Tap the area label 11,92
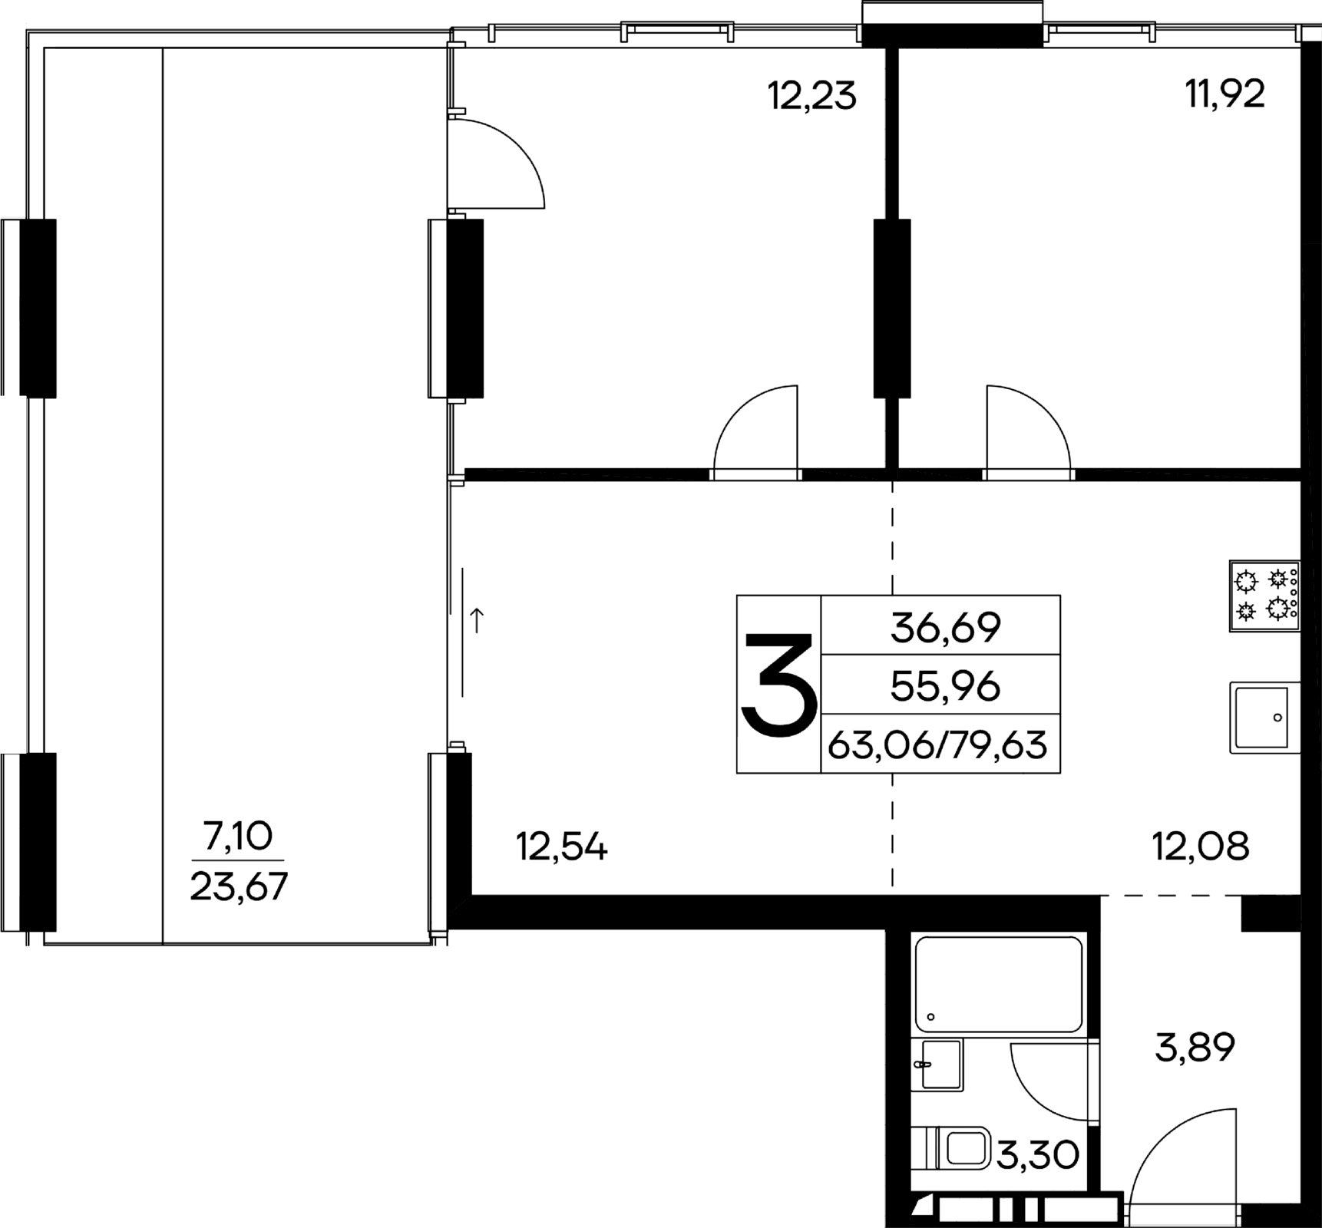tap(1225, 95)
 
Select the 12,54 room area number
tap(561, 848)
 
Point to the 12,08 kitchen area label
tap(1201, 847)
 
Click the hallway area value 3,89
tap(1195, 1048)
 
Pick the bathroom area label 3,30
tap(1038, 1175)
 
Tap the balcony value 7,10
tap(238, 836)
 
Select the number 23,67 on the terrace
tap(238, 887)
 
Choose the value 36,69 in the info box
tap(945, 628)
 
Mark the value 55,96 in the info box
tap(945, 686)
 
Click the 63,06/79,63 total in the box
tap(937, 745)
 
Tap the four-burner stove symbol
tap(1264, 596)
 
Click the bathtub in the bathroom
tap(998, 983)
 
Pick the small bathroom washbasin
tap(937, 1065)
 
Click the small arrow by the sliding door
tap(477, 620)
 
